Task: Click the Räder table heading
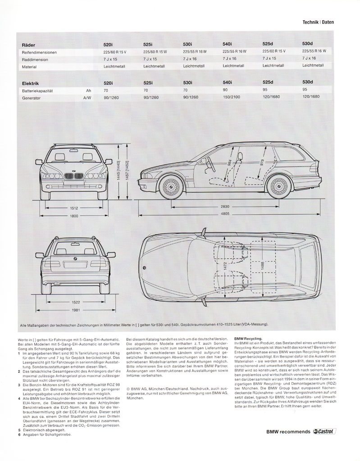click(28, 45)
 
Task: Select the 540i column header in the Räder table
click(227, 44)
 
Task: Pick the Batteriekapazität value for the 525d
click(266, 90)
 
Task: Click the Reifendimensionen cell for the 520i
click(115, 52)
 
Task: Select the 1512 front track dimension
click(75, 208)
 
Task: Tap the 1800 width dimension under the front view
click(75, 216)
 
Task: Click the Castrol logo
click(324, 444)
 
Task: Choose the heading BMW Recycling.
click(249, 337)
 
